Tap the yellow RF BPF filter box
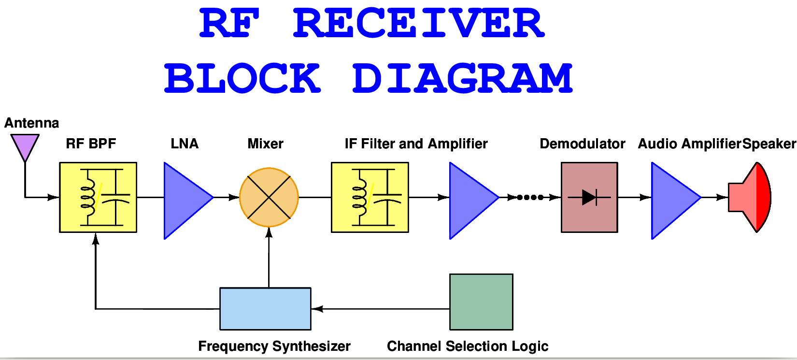coord(98,197)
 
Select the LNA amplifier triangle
coord(184,200)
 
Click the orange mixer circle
coord(269,197)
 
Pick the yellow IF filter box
coord(370,197)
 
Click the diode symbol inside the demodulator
coord(589,197)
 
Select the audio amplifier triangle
coord(671,200)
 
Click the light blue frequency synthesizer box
coord(265,309)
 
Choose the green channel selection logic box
coord(481,302)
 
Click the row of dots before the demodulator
coord(530,197)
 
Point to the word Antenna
coord(32,123)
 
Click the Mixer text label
coord(265,144)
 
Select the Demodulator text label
coord(582,144)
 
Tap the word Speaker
coord(769,144)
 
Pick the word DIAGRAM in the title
coord(462,78)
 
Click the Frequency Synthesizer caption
coord(274,346)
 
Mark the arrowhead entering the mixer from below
coord(269,232)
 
